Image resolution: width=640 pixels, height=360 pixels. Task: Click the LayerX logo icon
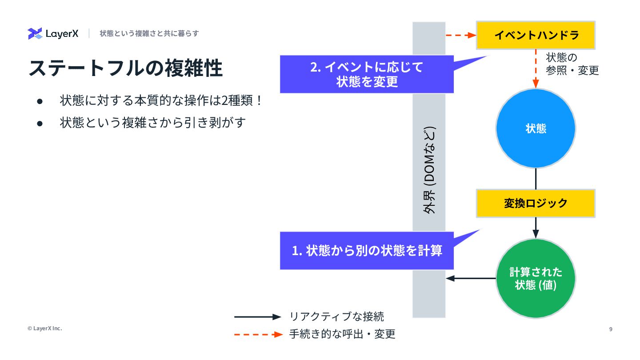(35, 33)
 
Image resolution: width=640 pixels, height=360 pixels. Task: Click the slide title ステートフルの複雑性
(125, 69)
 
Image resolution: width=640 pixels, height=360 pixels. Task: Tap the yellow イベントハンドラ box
(536, 35)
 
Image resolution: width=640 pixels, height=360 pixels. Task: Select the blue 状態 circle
(536, 128)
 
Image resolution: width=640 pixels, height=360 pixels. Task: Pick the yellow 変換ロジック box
(536, 203)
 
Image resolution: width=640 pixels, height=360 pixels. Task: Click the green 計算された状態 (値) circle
(536, 278)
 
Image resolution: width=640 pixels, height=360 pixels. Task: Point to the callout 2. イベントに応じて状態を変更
(367, 74)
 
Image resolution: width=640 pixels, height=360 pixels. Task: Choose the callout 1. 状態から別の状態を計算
(367, 251)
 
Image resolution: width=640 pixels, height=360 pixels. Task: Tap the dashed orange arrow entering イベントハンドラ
(460, 35)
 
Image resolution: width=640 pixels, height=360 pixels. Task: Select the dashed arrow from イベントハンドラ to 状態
(536, 69)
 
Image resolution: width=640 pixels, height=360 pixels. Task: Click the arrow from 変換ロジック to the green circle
(536, 228)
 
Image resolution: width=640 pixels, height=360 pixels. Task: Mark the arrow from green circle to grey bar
(471, 278)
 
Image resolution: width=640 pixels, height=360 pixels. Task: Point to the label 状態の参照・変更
(572, 64)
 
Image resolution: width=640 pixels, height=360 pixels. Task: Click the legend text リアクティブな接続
(336, 317)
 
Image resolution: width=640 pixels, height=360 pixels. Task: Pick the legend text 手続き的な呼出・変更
(342, 334)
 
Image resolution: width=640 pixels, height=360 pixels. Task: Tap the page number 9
(611, 329)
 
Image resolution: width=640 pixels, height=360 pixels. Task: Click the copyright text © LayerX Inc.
(44, 328)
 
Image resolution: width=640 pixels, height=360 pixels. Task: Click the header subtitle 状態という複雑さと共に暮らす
(149, 33)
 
